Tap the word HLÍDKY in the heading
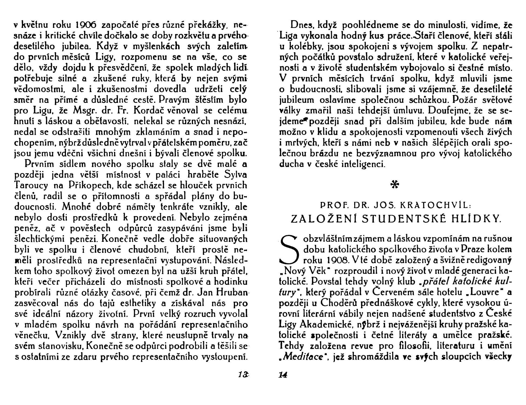(x=479, y=219)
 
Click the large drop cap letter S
(x=290, y=250)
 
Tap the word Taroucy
(x=31, y=185)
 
